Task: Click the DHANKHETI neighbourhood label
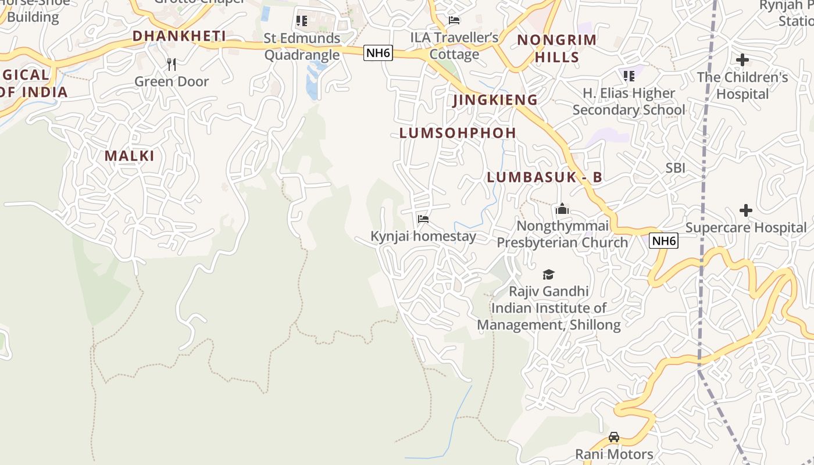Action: tap(179, 36)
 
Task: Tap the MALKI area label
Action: tap(130, 156)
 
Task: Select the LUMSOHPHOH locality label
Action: tap(458, 133)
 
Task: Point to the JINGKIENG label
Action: tap(495, 100)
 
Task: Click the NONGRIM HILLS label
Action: tap(557, 48)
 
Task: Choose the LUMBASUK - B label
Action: tap(544, 178)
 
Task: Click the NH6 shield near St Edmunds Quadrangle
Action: tap(379, 53)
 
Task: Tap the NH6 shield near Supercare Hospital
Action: tap(663, 241)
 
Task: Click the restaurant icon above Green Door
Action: tap(172, 64)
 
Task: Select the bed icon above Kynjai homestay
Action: tap(423, 219)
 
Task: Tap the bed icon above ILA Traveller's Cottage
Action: tap(454, 20)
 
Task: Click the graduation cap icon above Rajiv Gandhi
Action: tap(548, 274)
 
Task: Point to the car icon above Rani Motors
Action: tap(614, 437)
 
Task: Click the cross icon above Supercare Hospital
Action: tap(745, 210)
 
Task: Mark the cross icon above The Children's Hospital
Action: tap(742, 60)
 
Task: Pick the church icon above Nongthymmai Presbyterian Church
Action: tap(562, 209)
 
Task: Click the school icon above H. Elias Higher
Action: tap(629, 76)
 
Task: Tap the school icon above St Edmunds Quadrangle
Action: tap(302, 21)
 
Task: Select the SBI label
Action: tap(675, 168)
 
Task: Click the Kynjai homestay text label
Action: tap(423, 237)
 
